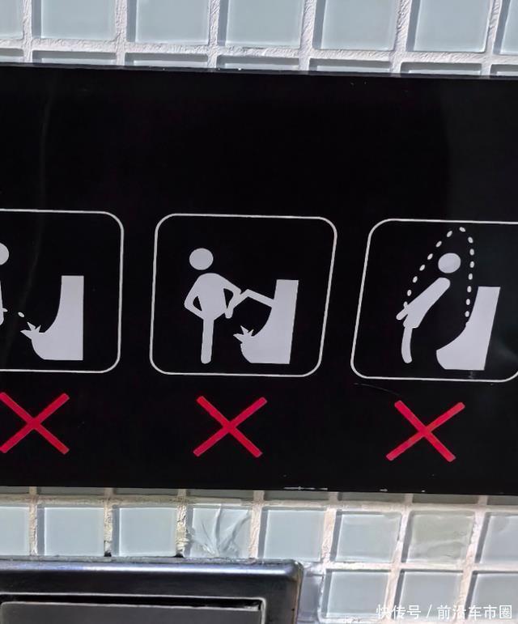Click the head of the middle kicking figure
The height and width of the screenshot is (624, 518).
(x=202, y=260)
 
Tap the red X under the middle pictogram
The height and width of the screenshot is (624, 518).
(x=230, y=427)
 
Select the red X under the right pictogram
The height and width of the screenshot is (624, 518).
(x=425, y=431)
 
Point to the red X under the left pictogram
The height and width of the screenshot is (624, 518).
(x=34, y=423)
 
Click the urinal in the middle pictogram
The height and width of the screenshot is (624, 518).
(x=274, y=321)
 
